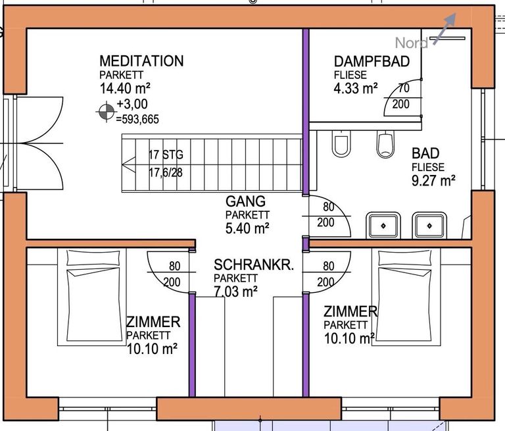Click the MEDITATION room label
coord(141,61)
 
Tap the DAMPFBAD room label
coord(372,62)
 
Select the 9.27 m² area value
coord(433,180)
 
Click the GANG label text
coord(245,201)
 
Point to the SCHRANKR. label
coord(254,265)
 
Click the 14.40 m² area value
coord(125,88)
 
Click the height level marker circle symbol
coord(107,112)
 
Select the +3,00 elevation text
coord(132,104)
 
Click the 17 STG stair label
coord(166,155)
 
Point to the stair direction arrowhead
coord(129,163)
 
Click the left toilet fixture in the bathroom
coord(341,143)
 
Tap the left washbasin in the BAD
coord(383,225)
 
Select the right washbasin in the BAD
coord(429,225)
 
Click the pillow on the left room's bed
coord(93,257)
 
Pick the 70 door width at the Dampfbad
coord(404,88)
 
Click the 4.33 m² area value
coord(356,88)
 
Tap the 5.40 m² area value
coord(247,228)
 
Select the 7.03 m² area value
coord(236,292)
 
